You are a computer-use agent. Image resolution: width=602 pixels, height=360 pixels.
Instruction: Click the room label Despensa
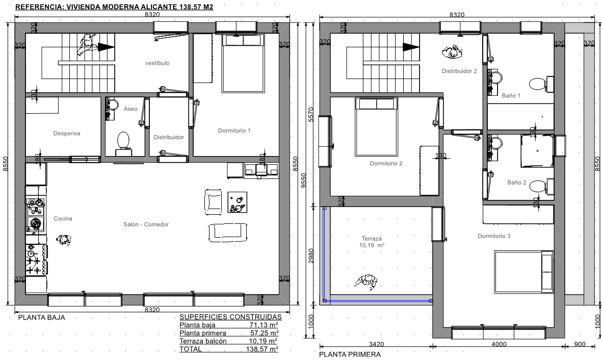point(67,133)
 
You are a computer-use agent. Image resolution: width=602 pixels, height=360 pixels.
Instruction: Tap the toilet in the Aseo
point(123,143)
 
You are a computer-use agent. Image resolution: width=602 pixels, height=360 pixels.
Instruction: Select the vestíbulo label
point(157,63)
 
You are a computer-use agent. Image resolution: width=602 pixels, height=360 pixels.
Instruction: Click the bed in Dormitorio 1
point(243,63)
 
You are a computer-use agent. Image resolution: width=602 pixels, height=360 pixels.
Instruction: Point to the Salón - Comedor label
point(146,224)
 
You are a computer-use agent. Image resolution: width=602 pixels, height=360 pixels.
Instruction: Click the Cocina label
point(63,219)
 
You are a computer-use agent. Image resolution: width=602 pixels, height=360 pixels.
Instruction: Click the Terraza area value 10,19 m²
point(372,245)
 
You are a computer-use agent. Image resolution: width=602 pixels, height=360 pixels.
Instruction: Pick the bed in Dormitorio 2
point(376,127)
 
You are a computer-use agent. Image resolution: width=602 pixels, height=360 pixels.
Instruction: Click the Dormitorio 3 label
point(494,236)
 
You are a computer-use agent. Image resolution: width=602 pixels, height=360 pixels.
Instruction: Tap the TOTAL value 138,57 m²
point(262,349)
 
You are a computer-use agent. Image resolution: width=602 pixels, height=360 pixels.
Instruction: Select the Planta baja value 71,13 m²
point(264,325)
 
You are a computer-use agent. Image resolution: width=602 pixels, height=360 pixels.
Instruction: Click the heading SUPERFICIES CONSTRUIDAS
point(230,317)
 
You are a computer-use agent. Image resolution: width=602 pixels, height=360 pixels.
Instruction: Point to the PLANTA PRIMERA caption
point(350,354)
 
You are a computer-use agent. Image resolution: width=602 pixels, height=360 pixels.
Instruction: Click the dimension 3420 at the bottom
point(376,344)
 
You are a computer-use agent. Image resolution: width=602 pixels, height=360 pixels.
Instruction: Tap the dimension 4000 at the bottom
point(499,344)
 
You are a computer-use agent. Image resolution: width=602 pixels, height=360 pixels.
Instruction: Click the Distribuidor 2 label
point(459,71)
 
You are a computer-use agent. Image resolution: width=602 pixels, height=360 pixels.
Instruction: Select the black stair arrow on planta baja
point(106,47)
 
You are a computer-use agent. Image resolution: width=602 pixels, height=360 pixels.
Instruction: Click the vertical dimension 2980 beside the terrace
point(311,256)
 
